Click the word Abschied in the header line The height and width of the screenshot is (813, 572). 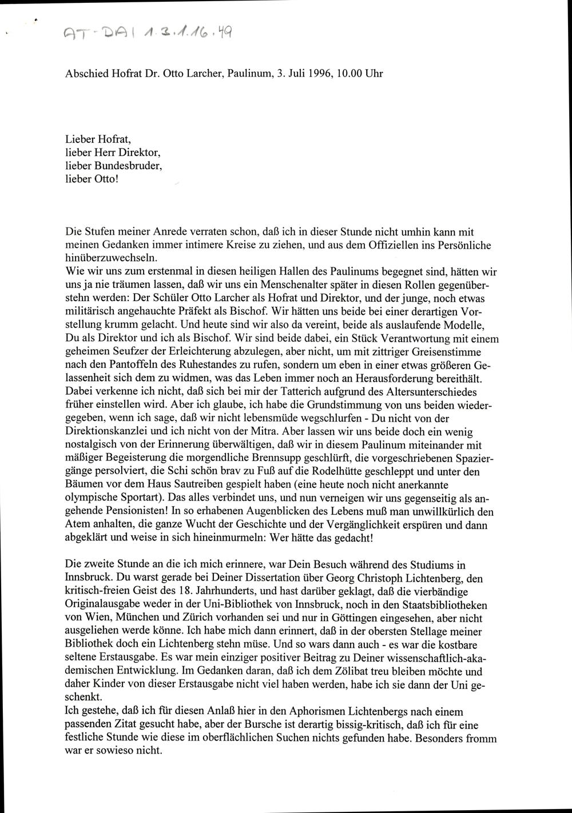[x=85, y=74]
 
